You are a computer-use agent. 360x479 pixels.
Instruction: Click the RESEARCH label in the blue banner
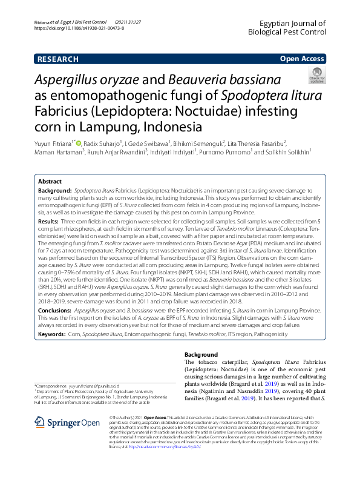coord(57,59)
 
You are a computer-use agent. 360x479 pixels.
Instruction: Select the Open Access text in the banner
coord(301,59)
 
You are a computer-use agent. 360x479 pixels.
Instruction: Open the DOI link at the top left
coord(69,28)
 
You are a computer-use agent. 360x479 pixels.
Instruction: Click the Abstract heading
coord(50,182)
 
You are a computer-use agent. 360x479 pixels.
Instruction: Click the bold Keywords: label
coord(53,334)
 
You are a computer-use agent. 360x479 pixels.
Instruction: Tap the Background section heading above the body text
coord(201,354)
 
